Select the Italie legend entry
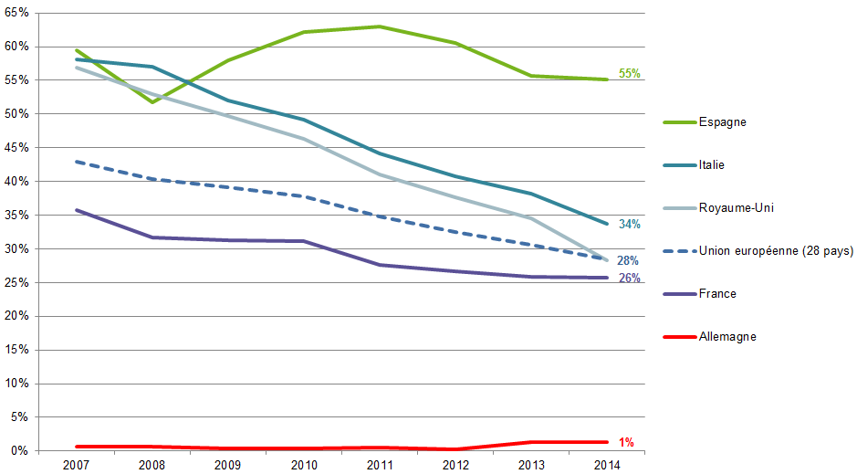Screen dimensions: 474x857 pos(711,165)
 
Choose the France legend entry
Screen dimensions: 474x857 pos(717,294)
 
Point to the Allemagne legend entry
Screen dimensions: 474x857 pos(727,337)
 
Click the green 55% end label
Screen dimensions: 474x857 pos(629,74)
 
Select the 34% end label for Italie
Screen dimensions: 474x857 pos(629,225)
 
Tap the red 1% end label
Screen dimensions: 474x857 pos(626,443)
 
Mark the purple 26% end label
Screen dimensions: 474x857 pos(629,279)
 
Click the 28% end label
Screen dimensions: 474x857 pos(628,261)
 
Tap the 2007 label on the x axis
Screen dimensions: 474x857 pos(76,465)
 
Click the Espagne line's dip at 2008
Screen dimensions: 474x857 pos(152,101)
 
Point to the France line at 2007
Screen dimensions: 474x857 pos(77,210)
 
